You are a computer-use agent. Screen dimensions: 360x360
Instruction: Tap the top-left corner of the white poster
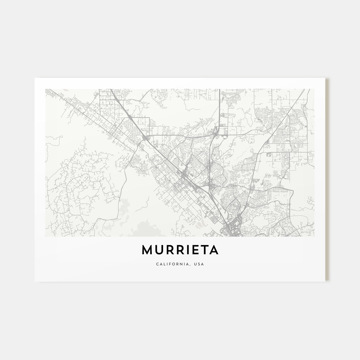click(35, 78)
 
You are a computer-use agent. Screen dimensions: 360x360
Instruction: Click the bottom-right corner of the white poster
click(325, 281)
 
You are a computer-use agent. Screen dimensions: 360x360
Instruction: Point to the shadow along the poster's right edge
click(327, 180)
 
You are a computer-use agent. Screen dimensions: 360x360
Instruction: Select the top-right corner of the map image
click(314, 89)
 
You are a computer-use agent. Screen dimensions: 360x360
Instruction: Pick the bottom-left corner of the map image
click(45, 237)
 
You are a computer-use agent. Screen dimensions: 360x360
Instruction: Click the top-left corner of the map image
click(45, 89)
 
